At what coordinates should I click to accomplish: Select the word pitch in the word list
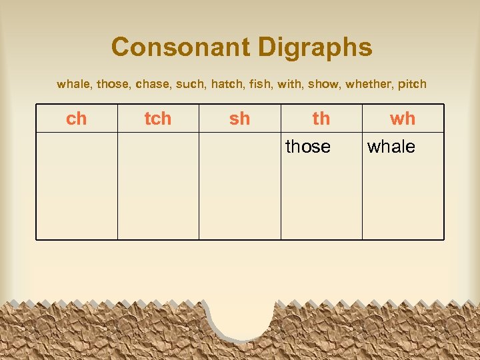pos(413,85)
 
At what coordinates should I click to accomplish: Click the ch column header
pos(77,119)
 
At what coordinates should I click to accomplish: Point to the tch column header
pos(158,119)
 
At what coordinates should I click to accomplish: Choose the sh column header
pos(239,119)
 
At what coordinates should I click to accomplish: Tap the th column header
pos(321,119)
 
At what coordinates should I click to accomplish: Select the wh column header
pos(403,119)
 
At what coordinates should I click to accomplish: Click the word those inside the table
pos(308,147)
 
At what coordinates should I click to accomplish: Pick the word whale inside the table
pos(391,147)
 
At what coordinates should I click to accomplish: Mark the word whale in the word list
pos(74,85)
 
